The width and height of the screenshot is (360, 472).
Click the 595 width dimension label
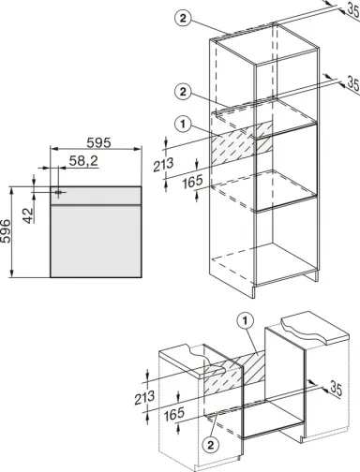coord(98,142)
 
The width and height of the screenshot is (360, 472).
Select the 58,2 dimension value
coord(83,161)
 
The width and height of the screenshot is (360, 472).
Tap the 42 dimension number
coord(28,215)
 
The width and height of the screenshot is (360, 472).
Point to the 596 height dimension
coord(6,231)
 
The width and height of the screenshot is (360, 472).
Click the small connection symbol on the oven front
coord(58,192)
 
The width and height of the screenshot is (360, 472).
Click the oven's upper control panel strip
coord(96,196)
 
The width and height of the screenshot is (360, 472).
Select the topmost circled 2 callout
coord(183,18)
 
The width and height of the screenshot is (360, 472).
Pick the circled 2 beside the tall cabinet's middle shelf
coord(183,92)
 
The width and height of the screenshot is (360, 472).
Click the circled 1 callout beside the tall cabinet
coord(183,124)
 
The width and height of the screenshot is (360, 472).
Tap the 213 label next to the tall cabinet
coord(163,165)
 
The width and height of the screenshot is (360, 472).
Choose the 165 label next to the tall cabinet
coord(192,182)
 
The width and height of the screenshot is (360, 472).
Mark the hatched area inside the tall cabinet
coord(242,143)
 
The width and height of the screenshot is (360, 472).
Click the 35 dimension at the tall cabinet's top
coord(352,10)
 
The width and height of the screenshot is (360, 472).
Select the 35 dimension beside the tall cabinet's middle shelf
coord(352,83)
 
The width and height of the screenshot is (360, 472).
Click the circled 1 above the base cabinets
coord(246,320)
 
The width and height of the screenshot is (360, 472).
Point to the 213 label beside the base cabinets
coord(144,398)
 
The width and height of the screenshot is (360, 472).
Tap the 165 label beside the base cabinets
coord(174,414)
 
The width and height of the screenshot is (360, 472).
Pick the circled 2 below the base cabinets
coord(210,445)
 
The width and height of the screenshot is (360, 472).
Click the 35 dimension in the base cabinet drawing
coord(336,389)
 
